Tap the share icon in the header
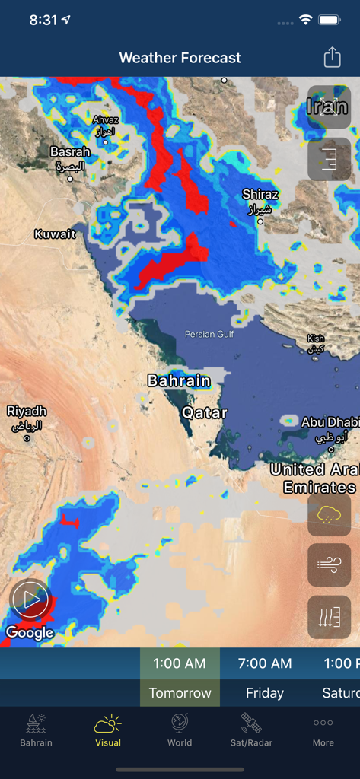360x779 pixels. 332,58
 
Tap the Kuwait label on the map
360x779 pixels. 55,234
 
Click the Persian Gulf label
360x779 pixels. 209,334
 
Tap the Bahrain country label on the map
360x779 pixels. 179,380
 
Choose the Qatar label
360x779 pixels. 204,413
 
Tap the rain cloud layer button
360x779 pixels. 329,515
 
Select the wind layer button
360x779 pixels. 329,565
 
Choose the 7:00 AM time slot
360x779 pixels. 265,663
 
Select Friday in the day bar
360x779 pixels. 265,693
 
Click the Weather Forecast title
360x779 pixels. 180,58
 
